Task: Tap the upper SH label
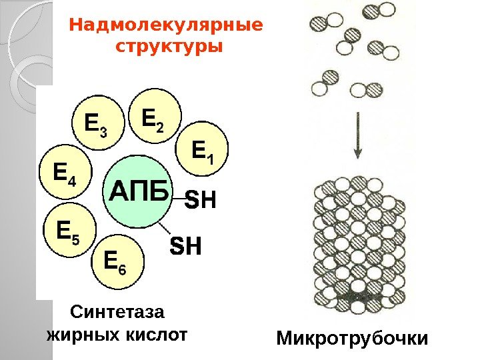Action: coord(201,199)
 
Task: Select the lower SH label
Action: coord(187,247)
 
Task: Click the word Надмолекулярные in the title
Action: coord(167,26)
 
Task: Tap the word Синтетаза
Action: coord(115,311)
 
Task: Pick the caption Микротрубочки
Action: coord(352,340)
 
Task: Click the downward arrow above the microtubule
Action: coord(358,137)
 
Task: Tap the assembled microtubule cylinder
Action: coord(359,247)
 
